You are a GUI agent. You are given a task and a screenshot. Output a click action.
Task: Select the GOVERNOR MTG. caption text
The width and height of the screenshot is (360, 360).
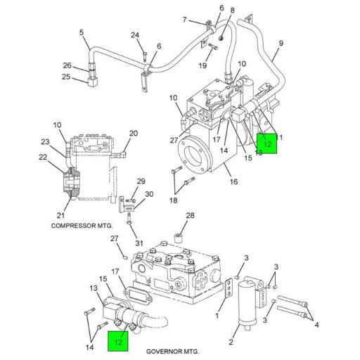click(172, 350)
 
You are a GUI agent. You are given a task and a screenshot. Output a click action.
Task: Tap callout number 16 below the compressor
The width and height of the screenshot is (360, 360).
click(233, 182)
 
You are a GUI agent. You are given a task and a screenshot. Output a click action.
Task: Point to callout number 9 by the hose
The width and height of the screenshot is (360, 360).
click(280, 44)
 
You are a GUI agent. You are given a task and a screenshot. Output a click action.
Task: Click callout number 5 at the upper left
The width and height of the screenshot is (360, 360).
click(81, 32)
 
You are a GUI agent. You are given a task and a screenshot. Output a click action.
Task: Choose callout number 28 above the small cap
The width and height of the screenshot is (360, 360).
click(189, 216)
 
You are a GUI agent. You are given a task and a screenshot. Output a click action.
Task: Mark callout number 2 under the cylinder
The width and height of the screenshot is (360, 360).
click(230, 342)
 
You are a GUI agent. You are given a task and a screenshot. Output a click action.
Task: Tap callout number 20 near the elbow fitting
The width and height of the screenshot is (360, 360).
click(134, 134)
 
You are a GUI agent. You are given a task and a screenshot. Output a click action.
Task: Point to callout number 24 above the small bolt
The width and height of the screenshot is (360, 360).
click(134, 36)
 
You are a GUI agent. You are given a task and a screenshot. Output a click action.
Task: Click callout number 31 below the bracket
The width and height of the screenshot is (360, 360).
click(139, 244)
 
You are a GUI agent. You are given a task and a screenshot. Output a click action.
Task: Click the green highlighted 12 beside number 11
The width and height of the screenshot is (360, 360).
click(267, 143)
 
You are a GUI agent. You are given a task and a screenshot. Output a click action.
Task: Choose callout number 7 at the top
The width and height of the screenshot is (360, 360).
click(185, 19)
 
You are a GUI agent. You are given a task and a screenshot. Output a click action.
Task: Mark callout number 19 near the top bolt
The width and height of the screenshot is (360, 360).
click(202, 66)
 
